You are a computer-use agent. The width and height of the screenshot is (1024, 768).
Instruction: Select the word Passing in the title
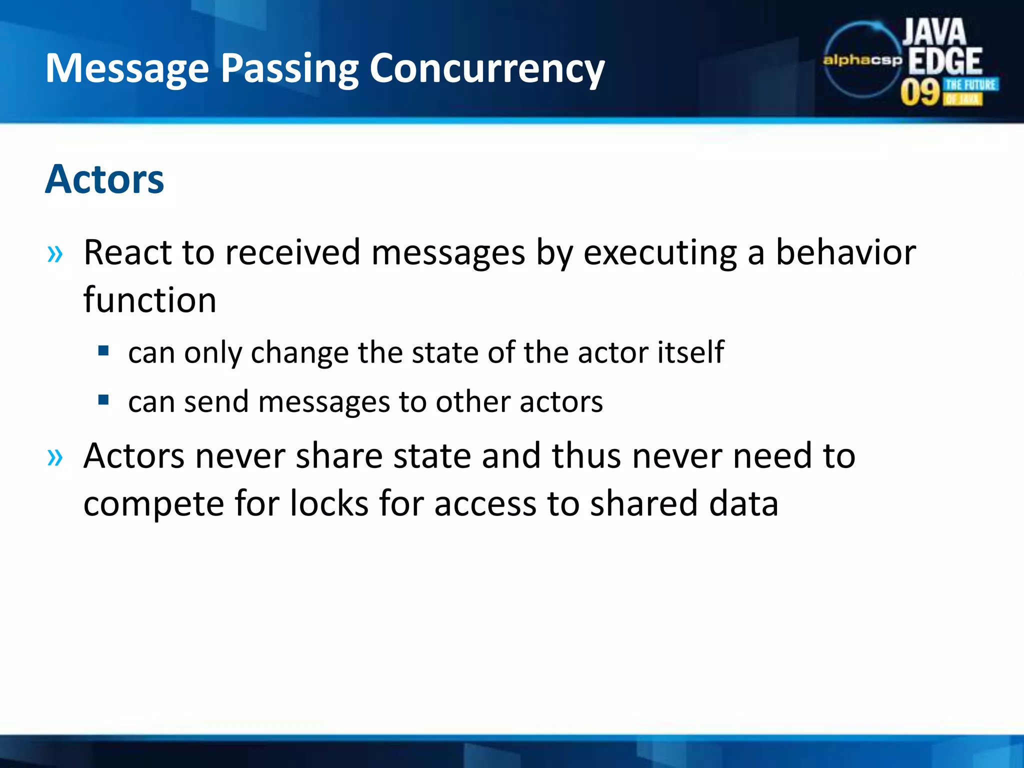pos(289,69)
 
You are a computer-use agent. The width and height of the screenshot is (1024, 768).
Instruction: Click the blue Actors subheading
pos(104,179)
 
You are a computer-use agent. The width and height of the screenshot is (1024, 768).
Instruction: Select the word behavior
pos(845,252)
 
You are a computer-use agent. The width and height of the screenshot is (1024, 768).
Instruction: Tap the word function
pos(149,300)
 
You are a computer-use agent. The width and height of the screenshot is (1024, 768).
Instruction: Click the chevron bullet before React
pos(55,254)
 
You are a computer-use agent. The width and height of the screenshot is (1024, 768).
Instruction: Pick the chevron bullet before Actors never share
pos(55,457)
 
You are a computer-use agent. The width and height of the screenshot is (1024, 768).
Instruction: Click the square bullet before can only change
pos(103,350)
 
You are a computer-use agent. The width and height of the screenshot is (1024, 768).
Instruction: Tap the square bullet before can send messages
pos(103,399)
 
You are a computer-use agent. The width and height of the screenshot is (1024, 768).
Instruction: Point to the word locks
pos(329,503)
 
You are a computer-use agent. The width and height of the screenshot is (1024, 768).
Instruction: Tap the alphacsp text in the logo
pos(862,60)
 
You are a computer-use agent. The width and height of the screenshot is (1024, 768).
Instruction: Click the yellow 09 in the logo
pos(920,92)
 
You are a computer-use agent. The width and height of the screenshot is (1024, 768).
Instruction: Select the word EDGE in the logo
pos(945,61)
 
